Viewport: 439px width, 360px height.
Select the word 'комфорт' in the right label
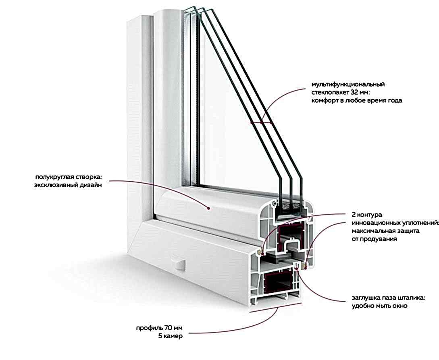pyautogui.click(x=325, y=101)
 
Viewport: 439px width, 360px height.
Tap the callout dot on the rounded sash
pyautogui.click(x=208, y=208)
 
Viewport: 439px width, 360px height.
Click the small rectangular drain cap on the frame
pyautogui.click(x=179, y=265)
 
